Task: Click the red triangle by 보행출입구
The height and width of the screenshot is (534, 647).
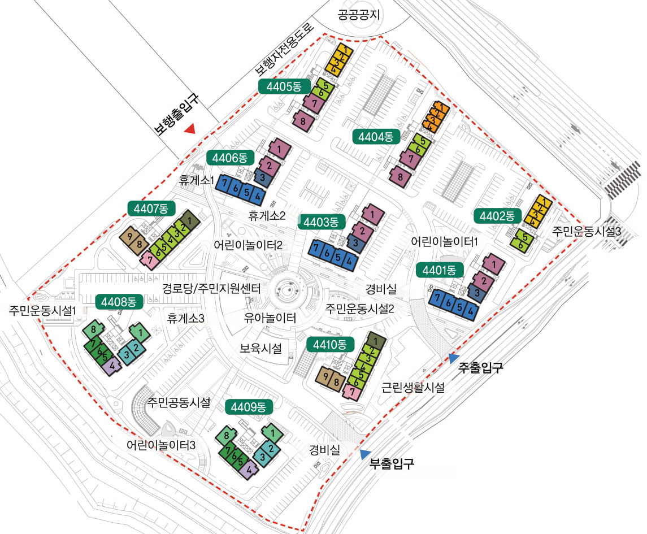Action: click(190, 129)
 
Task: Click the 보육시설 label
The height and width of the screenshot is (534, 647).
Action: click(260, 348)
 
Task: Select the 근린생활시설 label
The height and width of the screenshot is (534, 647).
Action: click(413, 388)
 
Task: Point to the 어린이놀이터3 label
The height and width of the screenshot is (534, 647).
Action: click(160, 445)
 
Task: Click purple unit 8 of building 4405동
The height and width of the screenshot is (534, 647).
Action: click(303, 121)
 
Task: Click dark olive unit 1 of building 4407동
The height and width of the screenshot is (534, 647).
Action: click(189, 221)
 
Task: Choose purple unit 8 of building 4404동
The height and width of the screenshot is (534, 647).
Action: click(400, 177)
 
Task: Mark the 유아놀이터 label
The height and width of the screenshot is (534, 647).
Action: click(270, 318)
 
